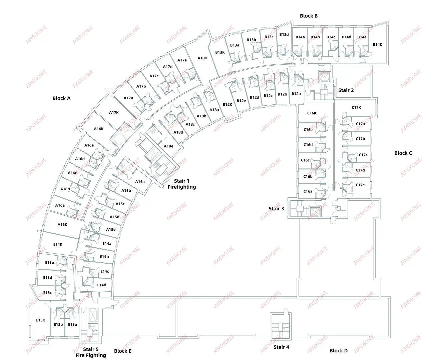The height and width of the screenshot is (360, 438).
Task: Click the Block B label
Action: (309, 16)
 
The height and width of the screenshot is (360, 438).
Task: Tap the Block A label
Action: (61, 98)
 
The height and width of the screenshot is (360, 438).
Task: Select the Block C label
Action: (403, 153)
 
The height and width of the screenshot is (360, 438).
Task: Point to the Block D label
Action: (339, 351)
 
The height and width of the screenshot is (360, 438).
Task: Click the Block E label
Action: (123, 351)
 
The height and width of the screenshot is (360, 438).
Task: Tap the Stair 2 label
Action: (346, 90)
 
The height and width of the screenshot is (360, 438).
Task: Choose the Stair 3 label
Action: (276, 209)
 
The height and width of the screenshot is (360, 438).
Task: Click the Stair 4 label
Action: (281, 347)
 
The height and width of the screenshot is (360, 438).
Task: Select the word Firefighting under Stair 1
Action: (182, 187)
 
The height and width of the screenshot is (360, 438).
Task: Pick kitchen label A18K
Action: (202, 58)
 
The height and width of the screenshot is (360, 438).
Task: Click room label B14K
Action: (377, 45)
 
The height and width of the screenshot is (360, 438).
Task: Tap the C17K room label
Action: (356, 107)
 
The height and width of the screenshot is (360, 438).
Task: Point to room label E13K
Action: (40, 320)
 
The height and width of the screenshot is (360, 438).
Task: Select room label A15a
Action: (140, 182)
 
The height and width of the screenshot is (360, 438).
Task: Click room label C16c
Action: (305, 160)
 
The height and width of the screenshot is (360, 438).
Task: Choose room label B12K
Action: (227, 104)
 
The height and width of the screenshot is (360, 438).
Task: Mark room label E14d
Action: (101, 285)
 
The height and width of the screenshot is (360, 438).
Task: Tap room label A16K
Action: (98, 129)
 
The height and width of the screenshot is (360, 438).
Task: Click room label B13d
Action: (284, 34)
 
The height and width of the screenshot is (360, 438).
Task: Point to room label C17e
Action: (360, 185)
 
